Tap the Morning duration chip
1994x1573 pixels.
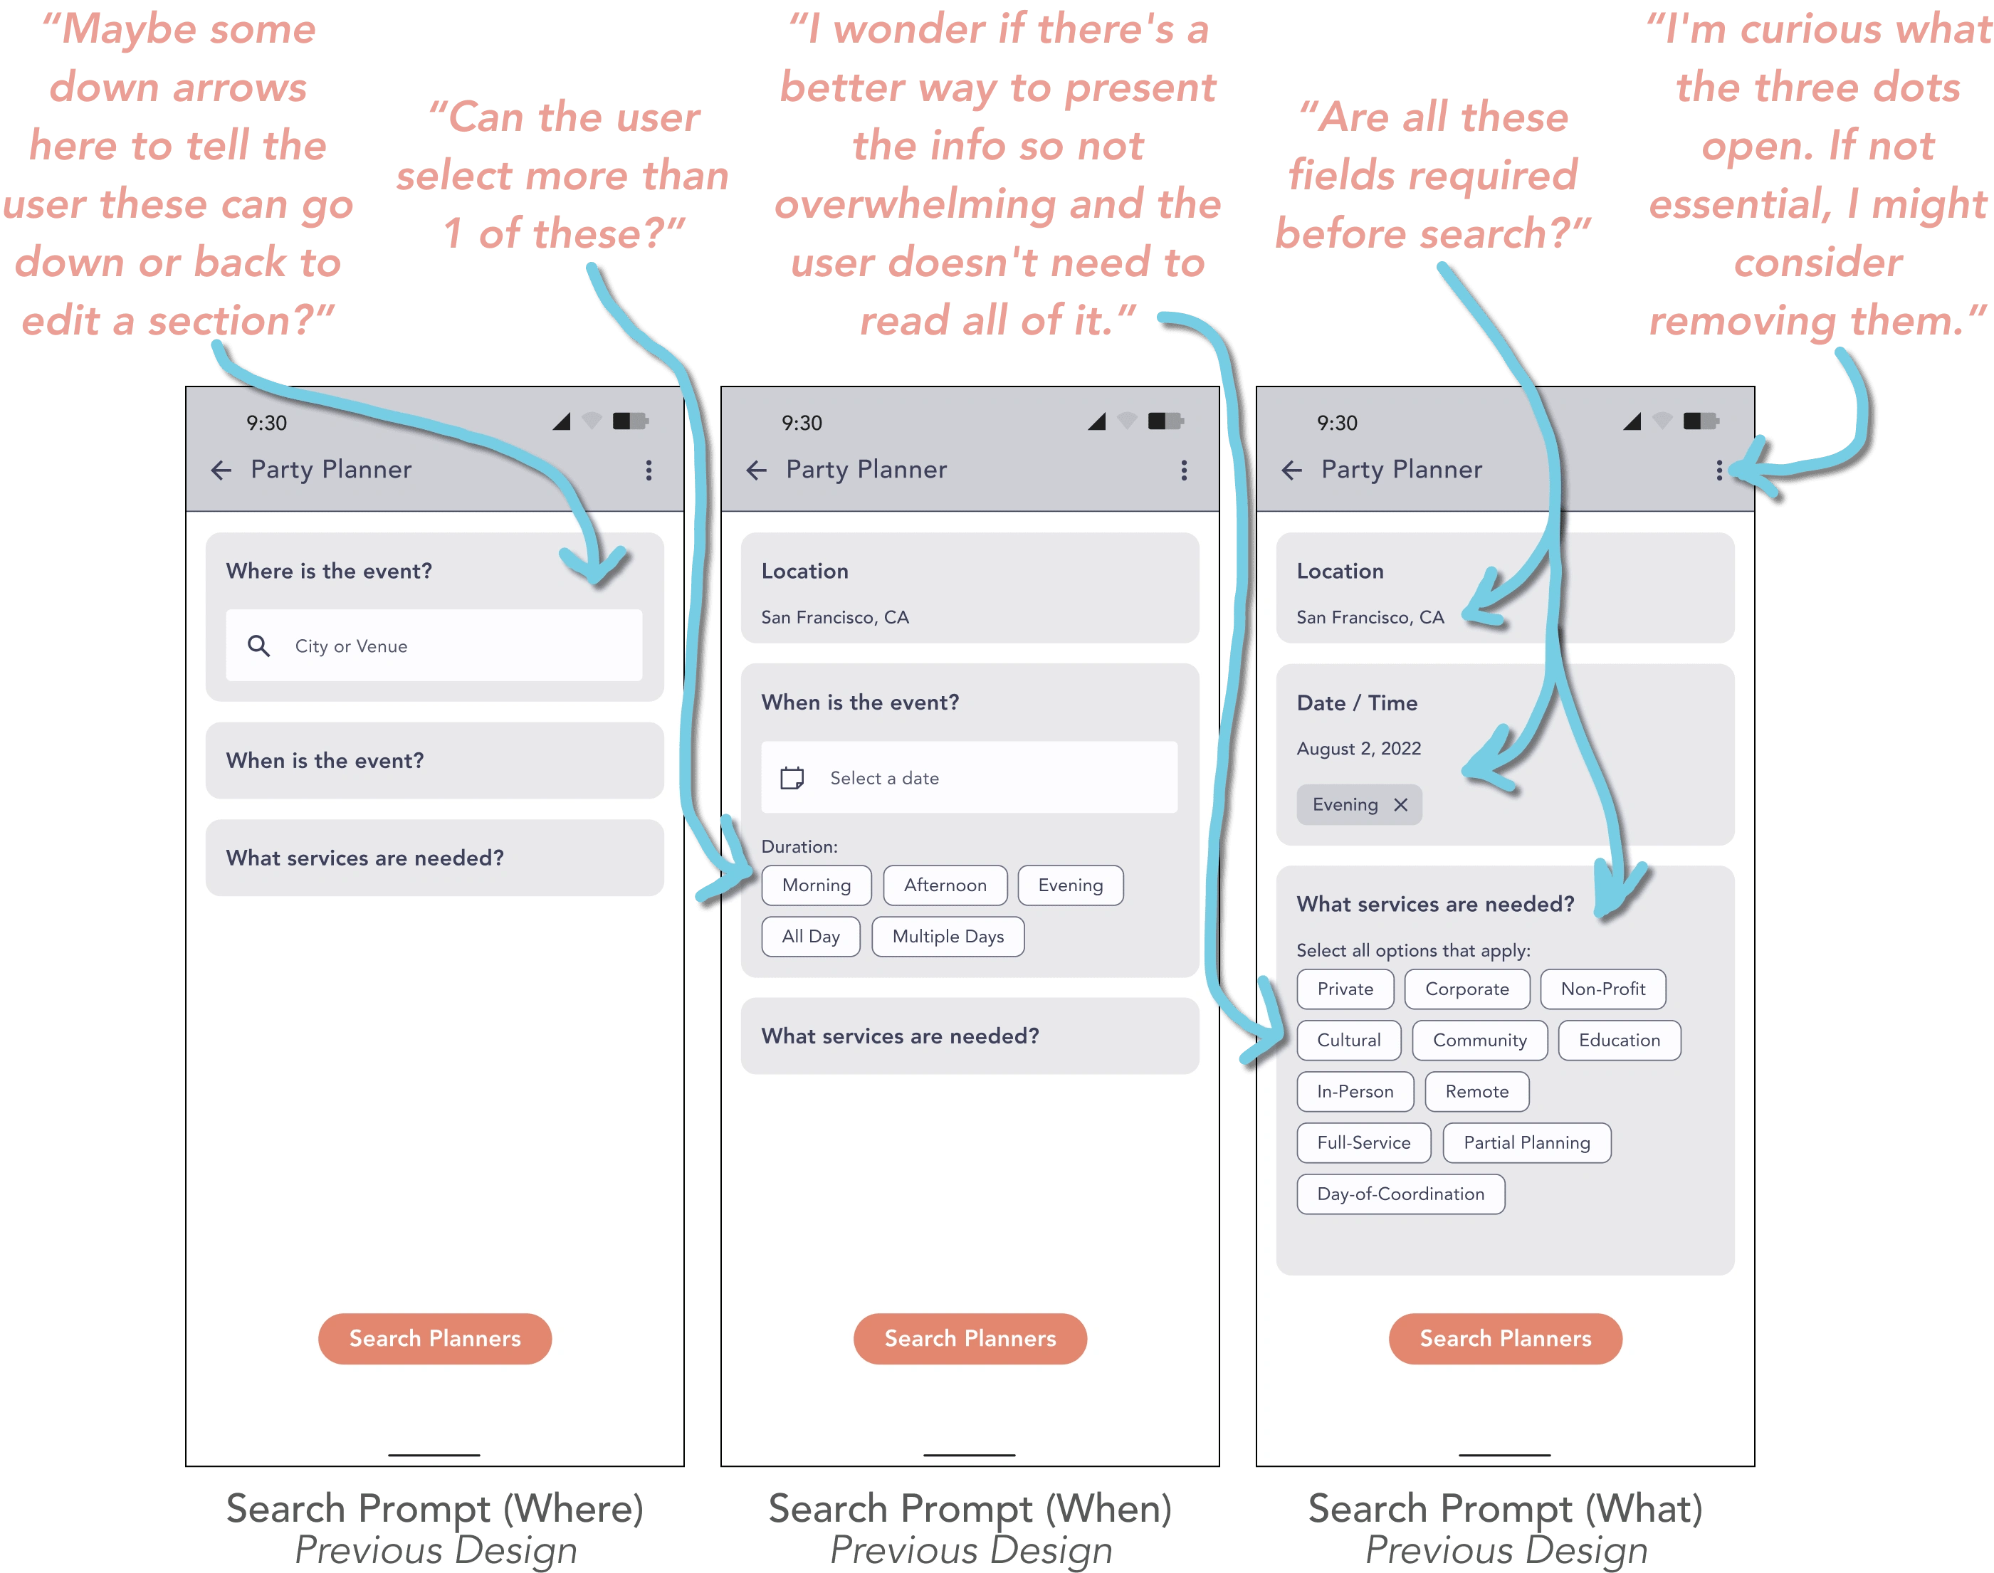point(816,885)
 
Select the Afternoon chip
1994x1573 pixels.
point(945,885)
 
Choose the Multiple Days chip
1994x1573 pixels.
point(948,937)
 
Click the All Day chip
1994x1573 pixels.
point(811,937)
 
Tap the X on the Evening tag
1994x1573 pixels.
point(1401,805)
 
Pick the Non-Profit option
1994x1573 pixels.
point(1602,989)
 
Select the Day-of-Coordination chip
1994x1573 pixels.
point(1401,1194)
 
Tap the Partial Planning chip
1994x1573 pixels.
point(1527,1143)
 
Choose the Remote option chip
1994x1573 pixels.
point(1476,1091)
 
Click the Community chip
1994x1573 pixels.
point(1479,1041)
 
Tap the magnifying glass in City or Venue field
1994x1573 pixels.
point(259,646)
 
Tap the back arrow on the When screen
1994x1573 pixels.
point(756,470)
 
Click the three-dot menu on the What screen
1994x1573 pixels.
point(1718,470)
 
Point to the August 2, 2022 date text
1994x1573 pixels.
point(1358,749)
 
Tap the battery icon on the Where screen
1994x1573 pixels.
point(631,421)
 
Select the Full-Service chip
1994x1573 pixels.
point(1363,1143)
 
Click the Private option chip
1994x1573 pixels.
point(1345,989)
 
